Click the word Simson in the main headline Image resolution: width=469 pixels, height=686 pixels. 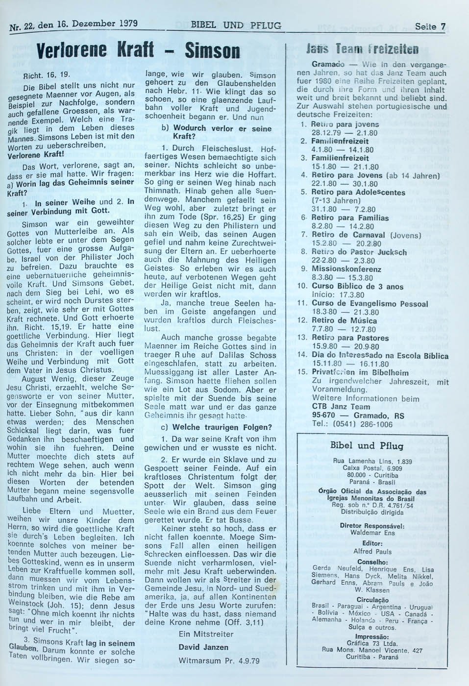coord(212,51)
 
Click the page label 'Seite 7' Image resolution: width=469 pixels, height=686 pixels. coord(430,26)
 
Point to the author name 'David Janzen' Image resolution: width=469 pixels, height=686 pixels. coord(203,647)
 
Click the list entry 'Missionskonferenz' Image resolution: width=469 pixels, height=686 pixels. coord(346,269)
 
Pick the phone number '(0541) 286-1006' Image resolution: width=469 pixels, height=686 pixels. coord(359,424)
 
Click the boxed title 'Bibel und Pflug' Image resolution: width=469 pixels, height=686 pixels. coord(367,445)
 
